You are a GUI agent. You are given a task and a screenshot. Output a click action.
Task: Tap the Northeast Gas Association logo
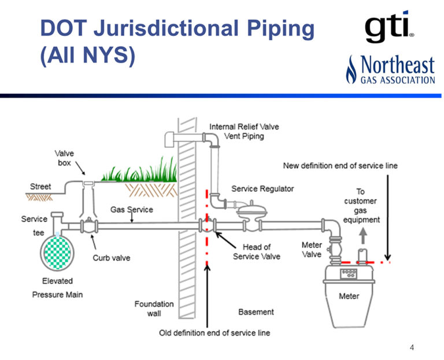[390, 69]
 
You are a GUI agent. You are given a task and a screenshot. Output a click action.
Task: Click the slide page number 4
[412, 347]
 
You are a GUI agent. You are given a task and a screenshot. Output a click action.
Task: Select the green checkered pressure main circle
[57, 253]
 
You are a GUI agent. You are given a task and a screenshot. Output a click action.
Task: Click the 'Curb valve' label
[112, 258]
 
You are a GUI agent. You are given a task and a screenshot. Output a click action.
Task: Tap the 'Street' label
[40, 187]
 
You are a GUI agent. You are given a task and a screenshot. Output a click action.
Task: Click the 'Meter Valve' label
[312, 249]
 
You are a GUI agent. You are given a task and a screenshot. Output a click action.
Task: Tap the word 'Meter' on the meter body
[349, 296]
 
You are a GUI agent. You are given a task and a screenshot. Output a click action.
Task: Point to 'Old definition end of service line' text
[214, 333]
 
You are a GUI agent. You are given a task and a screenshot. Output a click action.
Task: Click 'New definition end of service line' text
[340, 166]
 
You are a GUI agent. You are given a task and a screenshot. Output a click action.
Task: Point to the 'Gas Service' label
[132, 209]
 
